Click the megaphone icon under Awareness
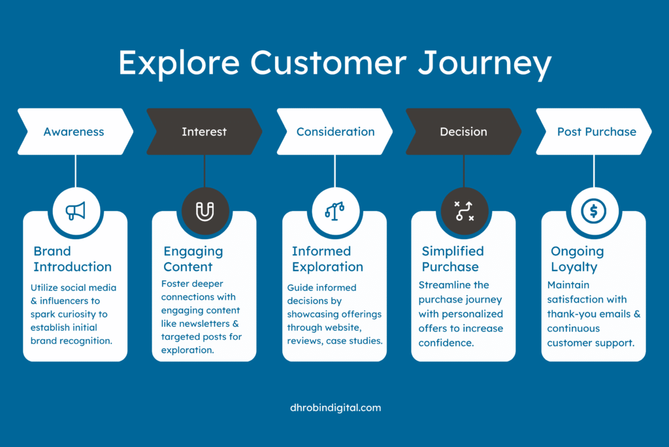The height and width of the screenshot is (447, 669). tap(76, 211)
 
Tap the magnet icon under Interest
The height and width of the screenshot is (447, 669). tap(204, 211)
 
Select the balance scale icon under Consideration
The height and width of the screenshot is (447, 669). tap(334, 211)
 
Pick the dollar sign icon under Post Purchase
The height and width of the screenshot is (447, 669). tap(593, 211)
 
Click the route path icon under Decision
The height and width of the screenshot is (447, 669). tap(464, 211)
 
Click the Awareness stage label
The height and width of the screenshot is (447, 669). tap(74, 132)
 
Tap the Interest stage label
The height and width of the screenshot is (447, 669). tap(204, 132)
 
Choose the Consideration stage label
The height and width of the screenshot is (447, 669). tap(335, 132)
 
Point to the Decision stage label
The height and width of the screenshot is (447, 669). tap(463, 132)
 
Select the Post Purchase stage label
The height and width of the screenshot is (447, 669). tap(596, 132)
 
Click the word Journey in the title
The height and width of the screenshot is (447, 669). tap(484, 64)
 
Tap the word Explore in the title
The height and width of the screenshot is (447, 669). tap(179, 64)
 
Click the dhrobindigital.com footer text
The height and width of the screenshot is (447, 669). tap(335, 408)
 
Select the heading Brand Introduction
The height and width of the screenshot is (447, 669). tap(73, 259)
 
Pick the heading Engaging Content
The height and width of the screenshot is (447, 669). tap(193, 259)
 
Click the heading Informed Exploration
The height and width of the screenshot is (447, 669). tap(327, 259)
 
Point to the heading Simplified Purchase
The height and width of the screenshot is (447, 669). tap(453, 259)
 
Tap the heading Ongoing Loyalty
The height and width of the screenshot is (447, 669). tap(578, 259)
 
